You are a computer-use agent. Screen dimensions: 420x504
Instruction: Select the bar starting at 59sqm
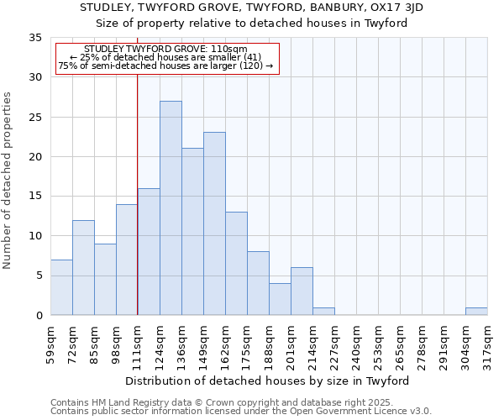(x=61, y=287)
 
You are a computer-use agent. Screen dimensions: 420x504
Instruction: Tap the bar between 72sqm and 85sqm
(x=83, y=268)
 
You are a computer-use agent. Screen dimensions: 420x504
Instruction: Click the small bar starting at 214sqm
(x=323, y=312)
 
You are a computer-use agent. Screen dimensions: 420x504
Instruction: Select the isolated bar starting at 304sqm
(x=476, y=312)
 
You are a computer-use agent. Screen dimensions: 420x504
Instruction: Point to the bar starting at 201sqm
(x=302, y=291)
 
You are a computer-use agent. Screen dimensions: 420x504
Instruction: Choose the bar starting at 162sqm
(x=236, y=264)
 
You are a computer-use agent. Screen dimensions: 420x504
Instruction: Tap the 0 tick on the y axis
(x=39, y=316)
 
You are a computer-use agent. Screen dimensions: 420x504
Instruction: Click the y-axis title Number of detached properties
(x=8, y=181)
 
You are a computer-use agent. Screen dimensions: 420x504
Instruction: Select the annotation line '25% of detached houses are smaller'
(x=165, y=57)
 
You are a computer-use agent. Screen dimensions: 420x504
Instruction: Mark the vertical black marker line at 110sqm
(x=137, y=193)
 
